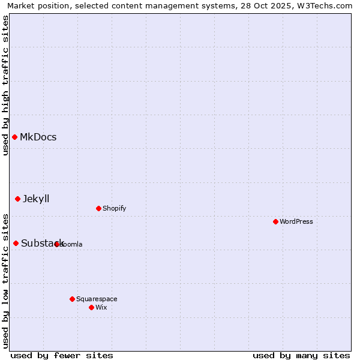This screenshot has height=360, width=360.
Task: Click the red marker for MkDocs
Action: [x=14, y=137]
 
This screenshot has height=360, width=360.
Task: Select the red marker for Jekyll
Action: [x=17, y=199]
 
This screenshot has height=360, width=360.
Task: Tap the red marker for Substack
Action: [x=16, y=243]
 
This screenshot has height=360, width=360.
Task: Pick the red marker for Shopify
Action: [x=98, y=209]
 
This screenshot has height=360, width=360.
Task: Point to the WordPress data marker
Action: [x=275, y=222]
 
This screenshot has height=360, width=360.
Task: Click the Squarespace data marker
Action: [x=72, y=299]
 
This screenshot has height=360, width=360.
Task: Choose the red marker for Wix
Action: [x=91, y=308]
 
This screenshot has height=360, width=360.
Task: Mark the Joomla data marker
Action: [x=57, y=244]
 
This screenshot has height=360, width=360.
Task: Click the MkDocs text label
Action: [x=38, y=137]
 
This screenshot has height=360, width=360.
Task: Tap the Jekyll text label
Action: [x=36, y=199]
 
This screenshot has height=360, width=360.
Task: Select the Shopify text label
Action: [x=114, y=209]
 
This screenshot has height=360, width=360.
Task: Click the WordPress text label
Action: [x=296, y=222]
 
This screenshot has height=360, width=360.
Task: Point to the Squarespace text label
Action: [x=97, y=299]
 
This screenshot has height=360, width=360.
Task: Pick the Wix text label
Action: [x=101, y=308]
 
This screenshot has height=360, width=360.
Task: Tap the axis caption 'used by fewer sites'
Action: [x=62, y=355]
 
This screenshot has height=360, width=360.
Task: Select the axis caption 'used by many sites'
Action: [x=301, y=355]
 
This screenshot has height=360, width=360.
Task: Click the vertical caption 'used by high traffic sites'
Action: [x=5, y=85]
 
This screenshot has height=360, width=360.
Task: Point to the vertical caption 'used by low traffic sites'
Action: [x=5, y=281]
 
